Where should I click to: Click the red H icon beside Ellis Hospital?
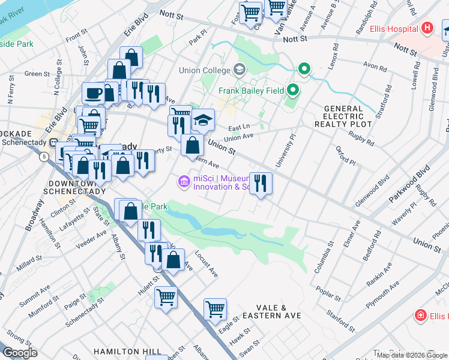tap(427, 28)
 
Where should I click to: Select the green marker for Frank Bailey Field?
tap(293, 91)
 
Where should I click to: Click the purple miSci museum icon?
tap(184, 181)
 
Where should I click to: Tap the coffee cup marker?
tap(93, 94)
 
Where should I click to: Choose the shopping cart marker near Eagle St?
tap(215, 310)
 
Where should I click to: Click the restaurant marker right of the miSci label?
tap(260, 183)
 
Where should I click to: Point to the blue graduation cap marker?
tap(203, 120)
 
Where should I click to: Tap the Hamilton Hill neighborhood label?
tap(127, 351)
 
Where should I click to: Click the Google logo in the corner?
tap(20, 353)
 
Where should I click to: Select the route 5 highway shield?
tap(44, 157)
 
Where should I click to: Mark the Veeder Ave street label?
tap(91, 238)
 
